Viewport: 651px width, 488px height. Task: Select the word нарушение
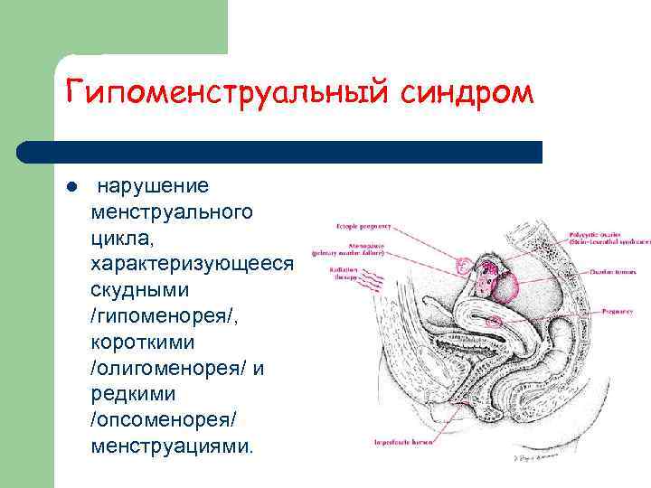coord(153,186)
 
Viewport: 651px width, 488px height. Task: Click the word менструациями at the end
coord(172,447)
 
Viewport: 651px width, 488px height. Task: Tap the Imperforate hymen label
coord(405,443)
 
